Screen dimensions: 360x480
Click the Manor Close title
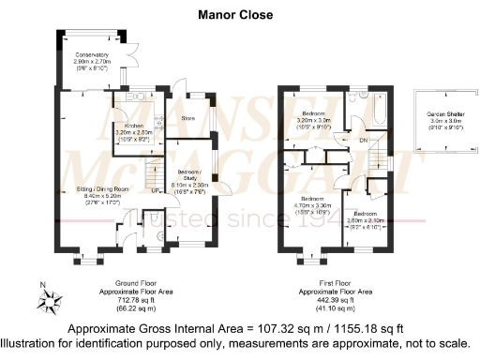tap(235, 15)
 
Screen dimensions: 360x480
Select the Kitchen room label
tap(132, 131)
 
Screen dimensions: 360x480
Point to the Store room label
tap(187, 119)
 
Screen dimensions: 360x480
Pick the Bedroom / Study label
tap(190, 180)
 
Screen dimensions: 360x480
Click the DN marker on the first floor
tap(363, 142)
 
